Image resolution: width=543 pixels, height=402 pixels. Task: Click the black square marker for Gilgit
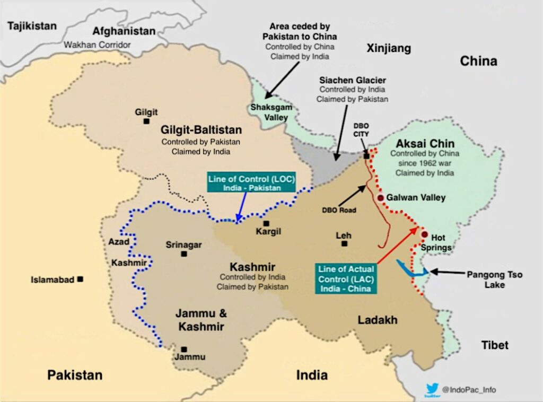tap(146, 121)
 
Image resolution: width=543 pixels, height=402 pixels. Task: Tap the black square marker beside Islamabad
tap(80, 278)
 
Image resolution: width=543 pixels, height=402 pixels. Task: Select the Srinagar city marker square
tap(184, 254)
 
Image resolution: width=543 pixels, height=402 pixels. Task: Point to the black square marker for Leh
tap(345, 244)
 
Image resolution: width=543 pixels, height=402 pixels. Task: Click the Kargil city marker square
tap(266, 224)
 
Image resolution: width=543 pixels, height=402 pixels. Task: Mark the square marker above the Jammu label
tap(184, 349)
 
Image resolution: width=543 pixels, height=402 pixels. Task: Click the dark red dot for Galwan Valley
tap(380, 198)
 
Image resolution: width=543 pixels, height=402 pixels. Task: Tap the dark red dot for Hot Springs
tap(424, 234)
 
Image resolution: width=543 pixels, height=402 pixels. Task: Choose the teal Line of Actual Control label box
tap(345, 278)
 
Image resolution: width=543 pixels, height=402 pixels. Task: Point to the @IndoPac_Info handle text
tap(469, 390)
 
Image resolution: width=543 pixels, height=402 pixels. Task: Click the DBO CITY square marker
tap(366, 156)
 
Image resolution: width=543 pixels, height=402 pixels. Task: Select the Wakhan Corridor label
tap(97, 45)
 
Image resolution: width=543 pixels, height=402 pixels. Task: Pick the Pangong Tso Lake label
tap(494, 279)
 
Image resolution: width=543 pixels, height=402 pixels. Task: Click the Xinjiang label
tap(389, 49)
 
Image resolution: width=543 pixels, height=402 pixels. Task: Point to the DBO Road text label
tap(338, 209)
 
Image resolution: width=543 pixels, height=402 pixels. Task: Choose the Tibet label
tap(495, 345)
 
